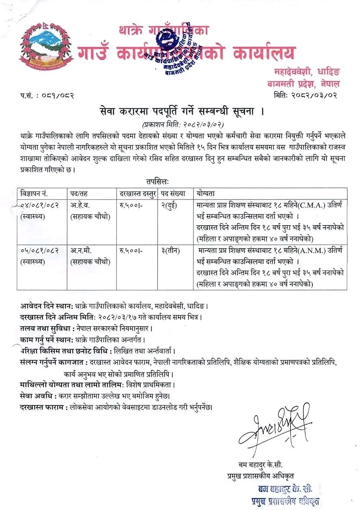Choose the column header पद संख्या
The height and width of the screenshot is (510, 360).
pos(174,193)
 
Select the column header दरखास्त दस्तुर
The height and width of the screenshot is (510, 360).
pos(137,193)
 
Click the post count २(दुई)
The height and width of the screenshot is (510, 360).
pos(169,205)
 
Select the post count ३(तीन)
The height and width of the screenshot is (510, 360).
pos(170,250)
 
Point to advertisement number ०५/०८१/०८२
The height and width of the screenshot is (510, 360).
pos(40,250)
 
